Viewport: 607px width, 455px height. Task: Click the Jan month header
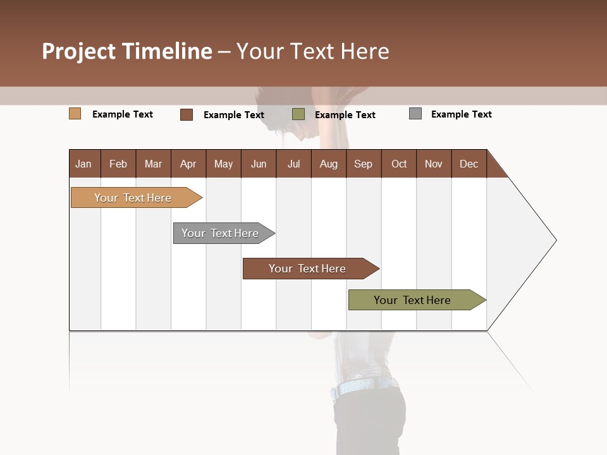click(84, 164)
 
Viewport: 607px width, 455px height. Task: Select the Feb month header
click(118, 164)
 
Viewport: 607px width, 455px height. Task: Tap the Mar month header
click(153, 164)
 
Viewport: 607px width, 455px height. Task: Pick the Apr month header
click(188, 164)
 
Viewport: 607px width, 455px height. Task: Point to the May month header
click(223, 164)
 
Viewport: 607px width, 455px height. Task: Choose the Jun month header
click(259, 164)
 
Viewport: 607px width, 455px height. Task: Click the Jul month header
click(293, 164)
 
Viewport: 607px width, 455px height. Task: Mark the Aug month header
click(329, 164)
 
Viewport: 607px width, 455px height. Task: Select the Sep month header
click(364, 164)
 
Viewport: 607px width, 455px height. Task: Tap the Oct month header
click(399, 164)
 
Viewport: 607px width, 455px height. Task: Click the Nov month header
click(434, 164)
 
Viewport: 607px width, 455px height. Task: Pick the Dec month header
click(469, 164)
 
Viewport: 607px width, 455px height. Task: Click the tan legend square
click(75, 114)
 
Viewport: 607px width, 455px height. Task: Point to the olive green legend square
click(298, 114)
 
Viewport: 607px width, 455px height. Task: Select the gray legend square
click(415, 114)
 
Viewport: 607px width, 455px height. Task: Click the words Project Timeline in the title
click(127, 51)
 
